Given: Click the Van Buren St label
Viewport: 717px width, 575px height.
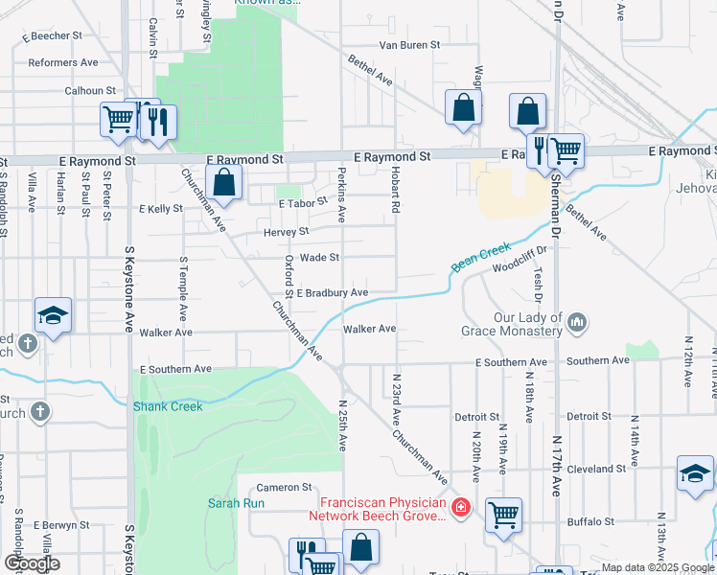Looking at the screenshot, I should pyautogui.click(x=408, y=45).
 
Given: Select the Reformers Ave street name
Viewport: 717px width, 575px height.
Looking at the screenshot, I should pyautogui.click(x=63, y=62).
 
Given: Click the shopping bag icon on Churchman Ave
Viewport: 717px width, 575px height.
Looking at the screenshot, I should pyautogui.click(x=223, y=182).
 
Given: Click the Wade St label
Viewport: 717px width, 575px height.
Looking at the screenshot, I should pyautogui.click(x=320, y=258).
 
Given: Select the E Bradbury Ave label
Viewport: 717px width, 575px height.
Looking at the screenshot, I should pyautogui.click(x=332, y=292).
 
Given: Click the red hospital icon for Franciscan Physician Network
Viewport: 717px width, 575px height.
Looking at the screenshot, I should pyautogui.click(x=461, y=505).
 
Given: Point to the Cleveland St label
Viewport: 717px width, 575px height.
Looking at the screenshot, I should pyautogui.click(x=594, y=470).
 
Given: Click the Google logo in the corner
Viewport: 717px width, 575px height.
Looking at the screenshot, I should pyautogui.click(x=32, y=563).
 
